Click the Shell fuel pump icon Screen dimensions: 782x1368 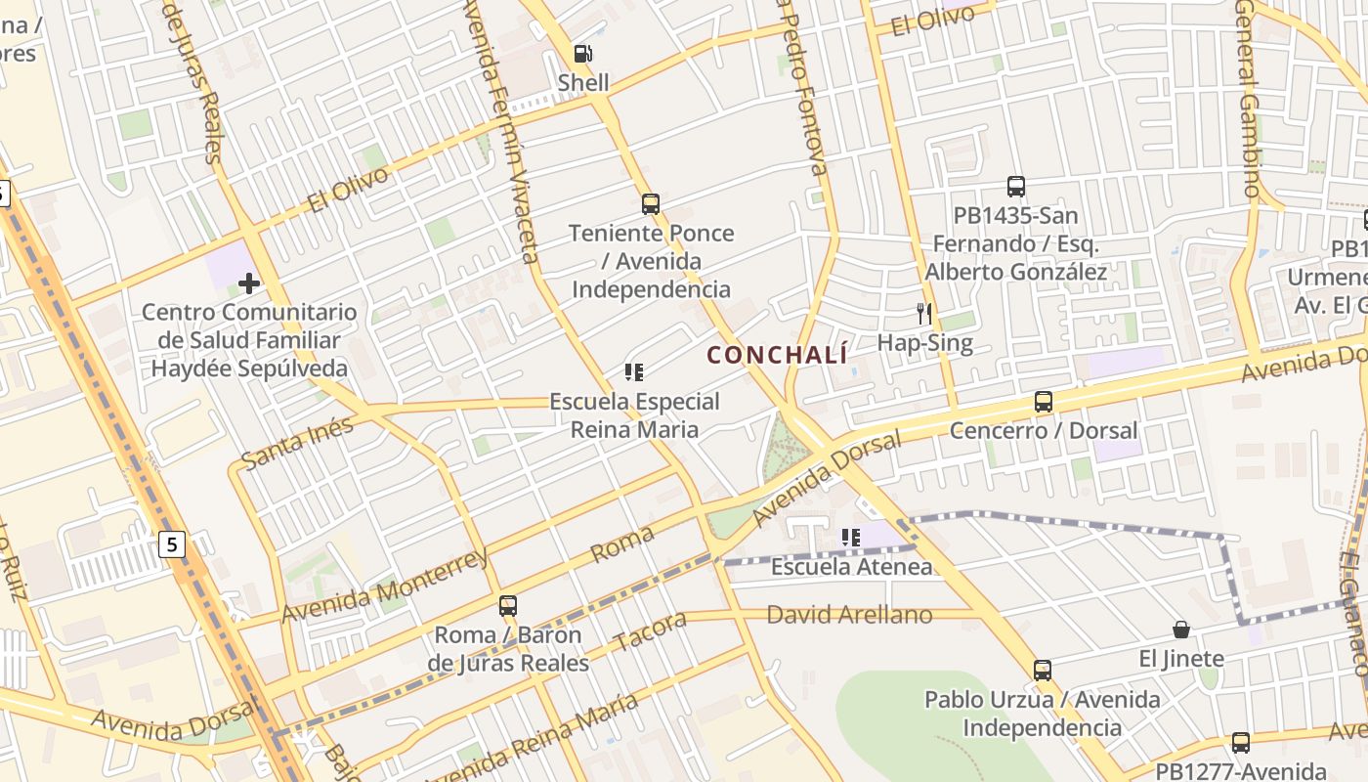point(582,54)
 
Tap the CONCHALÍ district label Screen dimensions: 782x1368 point(777,355)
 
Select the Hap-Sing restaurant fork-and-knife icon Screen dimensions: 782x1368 point(924,314)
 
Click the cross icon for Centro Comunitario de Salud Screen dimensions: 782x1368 point(249,283)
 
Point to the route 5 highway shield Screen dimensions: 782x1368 point(173,544)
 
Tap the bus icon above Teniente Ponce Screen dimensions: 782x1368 point(651,204)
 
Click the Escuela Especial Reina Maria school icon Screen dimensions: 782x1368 point(634,372)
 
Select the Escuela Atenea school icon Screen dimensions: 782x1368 point(851,538)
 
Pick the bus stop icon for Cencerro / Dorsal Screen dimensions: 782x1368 point(1044,402)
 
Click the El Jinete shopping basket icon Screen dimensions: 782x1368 point(1181,630)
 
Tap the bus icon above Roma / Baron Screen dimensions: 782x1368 point(508,605)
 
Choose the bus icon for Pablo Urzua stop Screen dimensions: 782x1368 point(1043,671)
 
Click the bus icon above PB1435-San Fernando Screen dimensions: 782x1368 point(1016,186)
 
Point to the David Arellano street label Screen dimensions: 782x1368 point(849,615)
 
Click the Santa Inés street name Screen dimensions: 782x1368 point(297,442)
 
